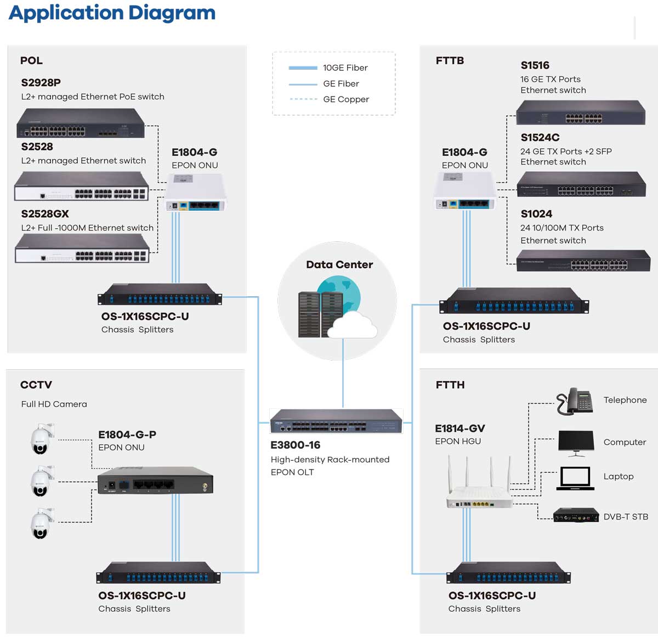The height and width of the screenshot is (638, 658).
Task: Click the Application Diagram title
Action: (112, 13)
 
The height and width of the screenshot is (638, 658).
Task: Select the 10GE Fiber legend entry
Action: (344, 68)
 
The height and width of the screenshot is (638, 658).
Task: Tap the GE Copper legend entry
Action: (345, 99)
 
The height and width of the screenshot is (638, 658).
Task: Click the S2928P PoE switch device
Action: (81, 123)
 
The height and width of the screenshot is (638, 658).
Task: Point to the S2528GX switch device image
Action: (82, 249)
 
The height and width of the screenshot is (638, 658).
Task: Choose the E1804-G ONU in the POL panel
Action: (195, 193)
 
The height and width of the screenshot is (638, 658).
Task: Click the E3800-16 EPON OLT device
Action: (336, 421)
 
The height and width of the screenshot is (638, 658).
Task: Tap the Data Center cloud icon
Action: (354, 324)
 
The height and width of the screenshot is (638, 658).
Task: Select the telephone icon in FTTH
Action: (574, 400)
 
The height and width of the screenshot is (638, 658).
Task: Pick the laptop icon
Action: (575, 478)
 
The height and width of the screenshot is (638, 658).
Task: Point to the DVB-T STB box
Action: (575, 516)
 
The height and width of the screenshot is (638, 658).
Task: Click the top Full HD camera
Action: (42, 439)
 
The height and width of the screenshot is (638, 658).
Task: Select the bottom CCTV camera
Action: (42, 523)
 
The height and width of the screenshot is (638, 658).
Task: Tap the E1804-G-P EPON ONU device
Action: (155, 481)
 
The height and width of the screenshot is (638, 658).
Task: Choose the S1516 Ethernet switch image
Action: (581, 113)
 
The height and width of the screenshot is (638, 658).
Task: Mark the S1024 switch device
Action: (583, 261)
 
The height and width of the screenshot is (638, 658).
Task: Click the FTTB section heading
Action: (450, 61)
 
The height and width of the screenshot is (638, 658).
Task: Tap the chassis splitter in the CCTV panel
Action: (158, 573)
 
